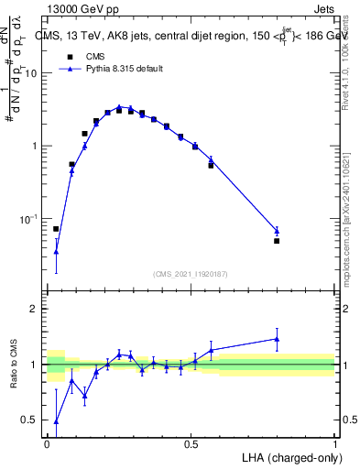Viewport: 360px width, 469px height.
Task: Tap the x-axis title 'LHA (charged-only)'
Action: click(x=288, y=456)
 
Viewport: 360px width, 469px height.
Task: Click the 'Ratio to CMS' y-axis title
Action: click(x=14, y=365)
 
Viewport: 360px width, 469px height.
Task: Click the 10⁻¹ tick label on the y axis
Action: click(x=30, y=219)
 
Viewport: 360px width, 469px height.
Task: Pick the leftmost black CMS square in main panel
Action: click(x=56, y=229)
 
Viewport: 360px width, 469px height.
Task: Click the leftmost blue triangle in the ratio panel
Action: click(x=56, y=421)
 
